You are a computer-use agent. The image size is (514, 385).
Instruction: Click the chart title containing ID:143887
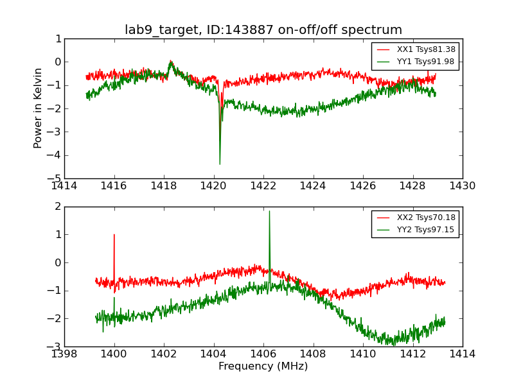coord(263,30)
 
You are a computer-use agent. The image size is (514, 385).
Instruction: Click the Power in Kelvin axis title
coord(39,108)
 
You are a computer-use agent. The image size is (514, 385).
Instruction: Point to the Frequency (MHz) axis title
coord(263,366)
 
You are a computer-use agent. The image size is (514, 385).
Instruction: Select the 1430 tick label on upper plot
coord(463,186)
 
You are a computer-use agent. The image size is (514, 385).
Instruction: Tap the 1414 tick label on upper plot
coord(64,186)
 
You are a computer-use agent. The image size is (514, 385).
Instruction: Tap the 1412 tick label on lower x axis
coord(412,354)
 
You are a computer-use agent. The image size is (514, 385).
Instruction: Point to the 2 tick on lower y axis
coord(58,207)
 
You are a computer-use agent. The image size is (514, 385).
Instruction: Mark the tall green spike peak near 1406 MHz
coord(269,211)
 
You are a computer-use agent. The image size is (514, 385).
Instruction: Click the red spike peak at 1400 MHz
coord(114,234)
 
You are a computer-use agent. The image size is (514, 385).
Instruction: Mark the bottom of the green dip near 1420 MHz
coord(220,164)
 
